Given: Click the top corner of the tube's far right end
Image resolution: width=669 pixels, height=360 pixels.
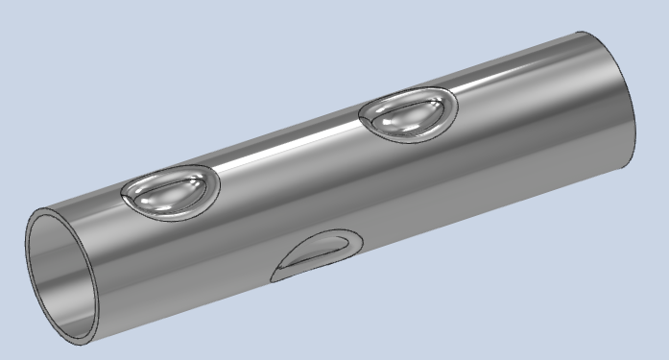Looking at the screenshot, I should pyautogui.click(x=582, y=35).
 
